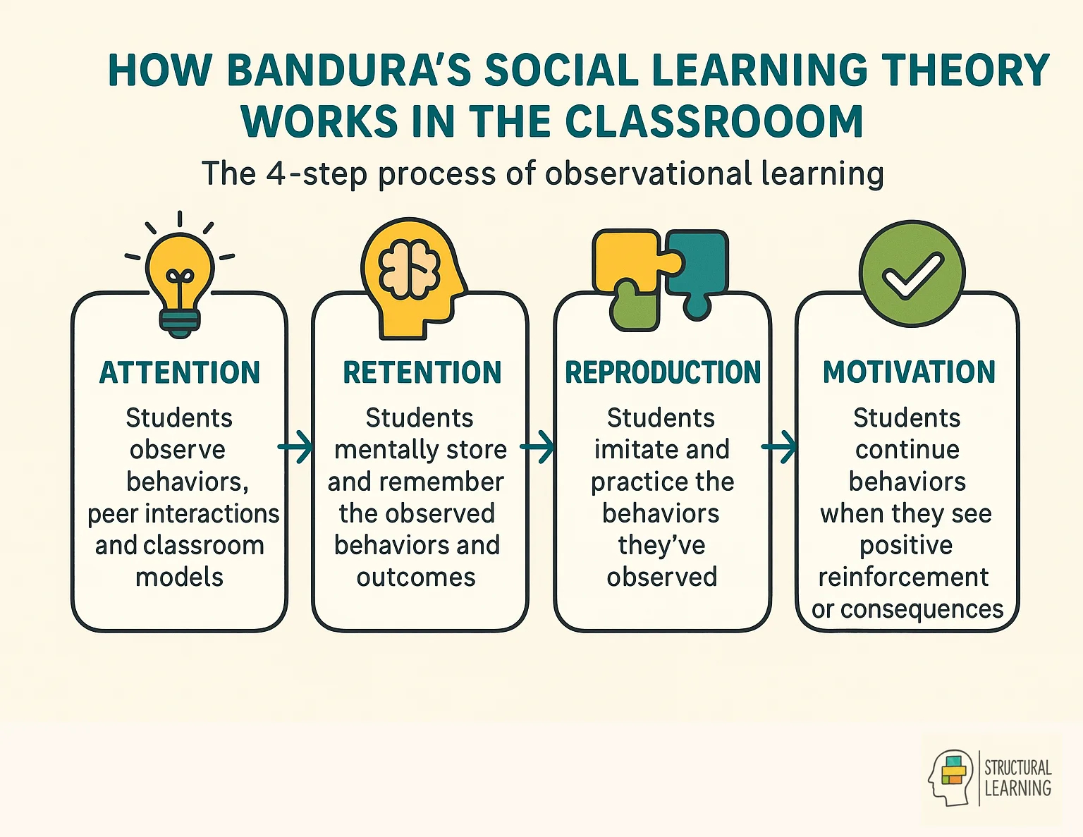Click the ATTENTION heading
click(x=180, y=372)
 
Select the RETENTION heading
click(x=422, y=372)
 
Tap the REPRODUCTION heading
click(x=663, y=372)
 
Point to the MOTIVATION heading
click(x=909, y=372)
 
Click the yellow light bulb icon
click(x=180, y=282)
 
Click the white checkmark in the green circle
click(x=912, y=274)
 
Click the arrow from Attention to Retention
click(x=296, y=446)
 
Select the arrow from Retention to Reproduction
click(x=538, y=446)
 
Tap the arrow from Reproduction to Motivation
click(x=780, y=446)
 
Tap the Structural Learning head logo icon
click(x=951, y=778)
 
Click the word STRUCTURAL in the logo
click(x=1017, y=767)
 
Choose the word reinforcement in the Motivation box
click(x=903, y=577)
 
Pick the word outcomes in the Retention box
click(x=416, y=577)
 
